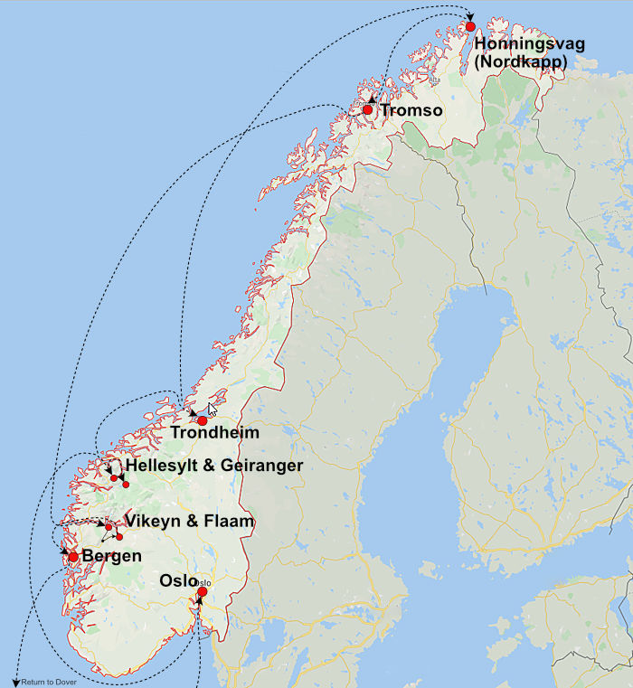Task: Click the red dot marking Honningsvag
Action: pos(470,26)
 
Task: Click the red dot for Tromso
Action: pos(368,109)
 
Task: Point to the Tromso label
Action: pos(411,110)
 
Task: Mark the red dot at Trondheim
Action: pos(203,420)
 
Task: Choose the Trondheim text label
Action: pos(214,433)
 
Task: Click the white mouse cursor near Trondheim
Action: pos(213,409)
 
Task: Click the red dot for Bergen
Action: pos(73,557)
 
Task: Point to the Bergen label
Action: pos(111,556)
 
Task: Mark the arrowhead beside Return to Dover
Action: pos(15,682)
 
